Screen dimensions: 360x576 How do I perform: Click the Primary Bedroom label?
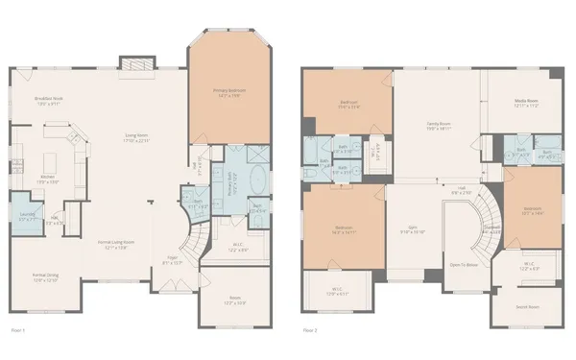229,91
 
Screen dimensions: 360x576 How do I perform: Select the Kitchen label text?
48,177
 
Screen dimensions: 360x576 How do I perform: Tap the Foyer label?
174,258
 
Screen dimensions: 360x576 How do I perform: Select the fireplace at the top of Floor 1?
132,63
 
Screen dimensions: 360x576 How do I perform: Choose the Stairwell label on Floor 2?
492,228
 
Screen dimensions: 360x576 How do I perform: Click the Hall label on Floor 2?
461,188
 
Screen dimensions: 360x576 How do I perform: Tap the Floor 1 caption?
16,329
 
